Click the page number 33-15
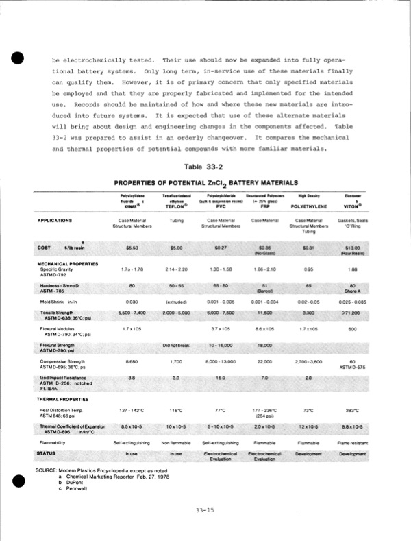point(205,509)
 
